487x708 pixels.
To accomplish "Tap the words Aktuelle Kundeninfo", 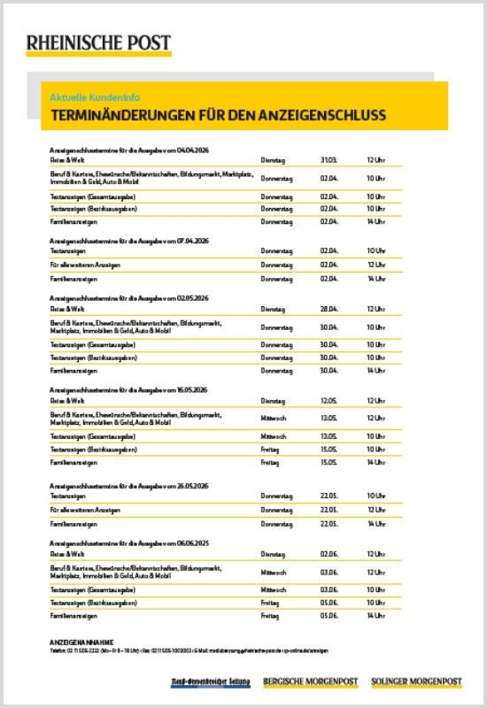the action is pyautogui.click(x=96, y=96).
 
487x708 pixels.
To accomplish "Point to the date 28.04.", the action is pyautogui.click(x=329, y=310).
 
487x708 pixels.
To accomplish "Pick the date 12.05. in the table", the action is pyautogui.click(x=329, y=400).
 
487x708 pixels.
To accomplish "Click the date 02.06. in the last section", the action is pyautogui.click(x=329, y=554).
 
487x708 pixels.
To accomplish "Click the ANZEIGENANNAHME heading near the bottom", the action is pyautogui.click(x=82, y=640).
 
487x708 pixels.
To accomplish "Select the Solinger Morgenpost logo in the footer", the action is pyautogui.click(x=416, y=681).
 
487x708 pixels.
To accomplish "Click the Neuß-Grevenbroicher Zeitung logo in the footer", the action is pyautogui.click(x=211, y=681).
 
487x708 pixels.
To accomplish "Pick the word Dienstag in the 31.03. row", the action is pyautogui.click(x=273, y=160).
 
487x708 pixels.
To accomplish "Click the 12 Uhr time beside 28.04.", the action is pyautogui.click(x=375, y=310).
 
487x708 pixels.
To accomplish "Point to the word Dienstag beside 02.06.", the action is pyautogui.click(x=273, y=554).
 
